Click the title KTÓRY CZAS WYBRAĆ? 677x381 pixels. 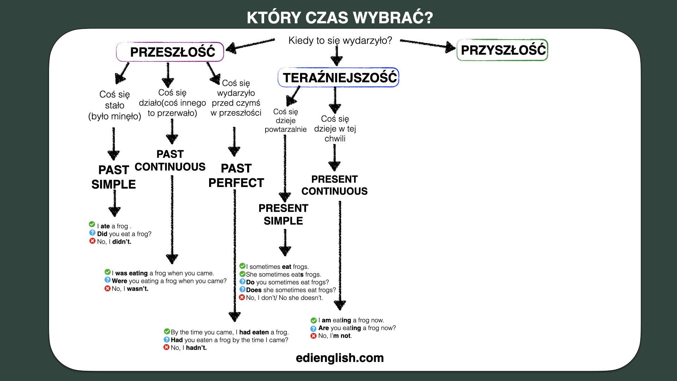click(x=340, y=18)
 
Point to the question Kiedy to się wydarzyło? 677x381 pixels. click(x=340, y=41)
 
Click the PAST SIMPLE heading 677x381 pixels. click(x=114, y=177)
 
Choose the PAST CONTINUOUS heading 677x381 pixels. click(x=170, y=161)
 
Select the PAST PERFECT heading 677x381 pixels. click(x=236, y=176)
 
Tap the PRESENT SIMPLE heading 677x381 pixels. click(x=283, y=214)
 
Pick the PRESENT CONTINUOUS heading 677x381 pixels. click(x=335, y=185)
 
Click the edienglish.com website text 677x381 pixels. click(x=340, y=358)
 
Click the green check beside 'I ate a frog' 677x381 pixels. click(x=92, y=224)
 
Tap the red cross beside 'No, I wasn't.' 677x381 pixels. click(x=108, y=289)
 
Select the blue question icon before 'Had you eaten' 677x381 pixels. click(x=167, y=339)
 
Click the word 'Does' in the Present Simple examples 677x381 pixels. click(x=254, y=290)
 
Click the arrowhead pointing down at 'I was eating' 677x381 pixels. click(x=172, y=259)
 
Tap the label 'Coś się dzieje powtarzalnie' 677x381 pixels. click(x=286, y=121)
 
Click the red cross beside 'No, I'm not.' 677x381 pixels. click(x=313, y=336)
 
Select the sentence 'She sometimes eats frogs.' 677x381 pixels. click(x=283, y=274)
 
